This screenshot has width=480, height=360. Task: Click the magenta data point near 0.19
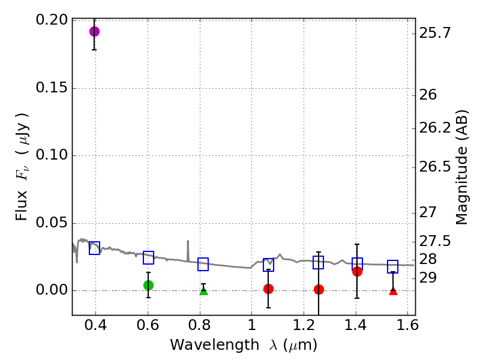click(94, 31)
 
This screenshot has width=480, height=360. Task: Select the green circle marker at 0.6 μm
click(148, 285)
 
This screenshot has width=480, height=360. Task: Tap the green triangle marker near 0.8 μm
click(203, 290)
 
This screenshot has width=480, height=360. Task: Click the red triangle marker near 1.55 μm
click(393, 290)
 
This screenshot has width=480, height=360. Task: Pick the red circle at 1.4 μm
click(357, 271)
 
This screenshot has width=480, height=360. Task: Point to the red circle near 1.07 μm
click(268, 289)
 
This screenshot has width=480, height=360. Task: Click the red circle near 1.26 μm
click(319, 289)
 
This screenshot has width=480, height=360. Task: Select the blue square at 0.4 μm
click(94, 248)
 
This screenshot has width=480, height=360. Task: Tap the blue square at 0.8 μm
click(203, 264)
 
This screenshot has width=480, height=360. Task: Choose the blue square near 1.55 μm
click(393, 267)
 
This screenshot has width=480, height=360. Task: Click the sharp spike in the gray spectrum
click(188, 242)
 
